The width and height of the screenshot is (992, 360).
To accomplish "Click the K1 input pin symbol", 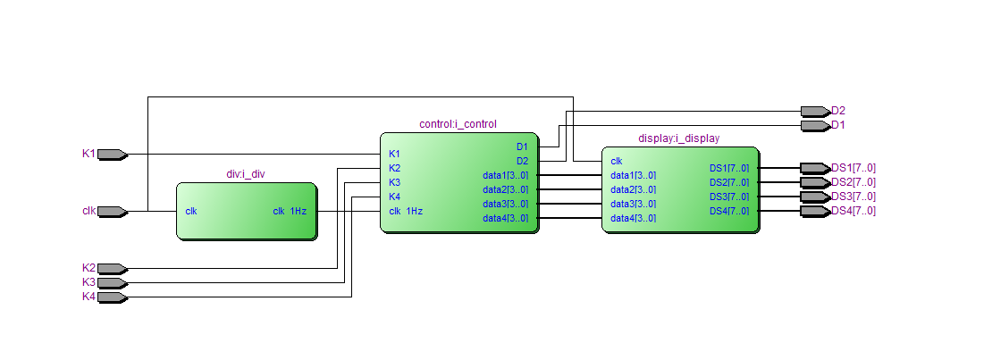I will coord(112,154).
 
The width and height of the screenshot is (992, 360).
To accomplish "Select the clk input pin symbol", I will coord(112,212).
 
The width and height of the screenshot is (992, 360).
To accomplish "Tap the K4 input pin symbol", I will coord(112,297).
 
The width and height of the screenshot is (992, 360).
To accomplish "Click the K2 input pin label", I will coord(88,268).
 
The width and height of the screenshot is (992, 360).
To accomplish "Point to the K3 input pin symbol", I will coord(112,283).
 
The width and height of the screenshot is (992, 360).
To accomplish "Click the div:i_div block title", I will coord(246,174).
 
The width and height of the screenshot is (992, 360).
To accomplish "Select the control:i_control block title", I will coord(458,124).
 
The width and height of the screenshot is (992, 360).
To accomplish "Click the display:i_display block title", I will coord(679,138).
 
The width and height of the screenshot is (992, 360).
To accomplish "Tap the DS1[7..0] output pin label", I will coord(853,168).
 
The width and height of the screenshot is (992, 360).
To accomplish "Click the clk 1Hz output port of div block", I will coord(290,212).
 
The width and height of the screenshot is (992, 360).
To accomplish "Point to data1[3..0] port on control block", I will coord(505,175).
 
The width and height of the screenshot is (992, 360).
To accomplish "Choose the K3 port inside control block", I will coord(395,182).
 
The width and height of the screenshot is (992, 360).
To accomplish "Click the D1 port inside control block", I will coord(522,147).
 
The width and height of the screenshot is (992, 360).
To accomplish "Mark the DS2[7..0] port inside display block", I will coord(728,182).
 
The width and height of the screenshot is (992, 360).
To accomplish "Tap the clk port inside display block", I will coord(617,162).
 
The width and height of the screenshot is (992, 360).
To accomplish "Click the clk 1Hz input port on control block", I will coord(406,212).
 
